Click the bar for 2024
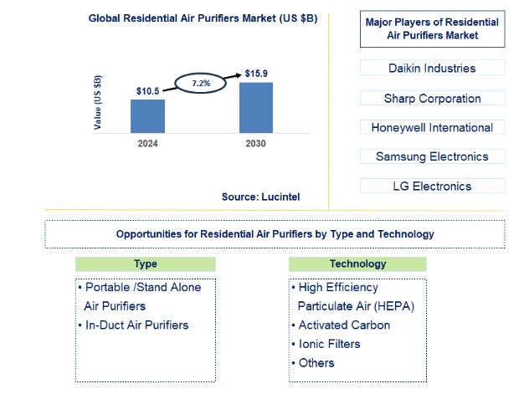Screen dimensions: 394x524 (x=147, y=115)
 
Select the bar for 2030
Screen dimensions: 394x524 (x=256, y=107)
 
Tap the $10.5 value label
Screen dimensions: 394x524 (x=148, y=90)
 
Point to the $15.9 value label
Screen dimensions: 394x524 (x=257, y=74)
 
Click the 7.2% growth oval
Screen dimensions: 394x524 (x=201, y=84)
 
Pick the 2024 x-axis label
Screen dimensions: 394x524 (x=147, y=144)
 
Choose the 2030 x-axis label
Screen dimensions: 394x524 (x=256, y=144)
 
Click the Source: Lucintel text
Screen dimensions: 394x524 (x=260, y=197)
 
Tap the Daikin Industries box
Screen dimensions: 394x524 (x=432, y=68)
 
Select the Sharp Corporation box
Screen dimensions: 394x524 (x=432, y=98)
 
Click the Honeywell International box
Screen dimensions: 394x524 (x=432, y=127)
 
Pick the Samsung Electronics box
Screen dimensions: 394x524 (x=432, y=156)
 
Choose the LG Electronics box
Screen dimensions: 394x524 (x=432, y=187)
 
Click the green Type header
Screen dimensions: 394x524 (x=146, y=264)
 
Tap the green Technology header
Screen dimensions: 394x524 (x=357, y=264)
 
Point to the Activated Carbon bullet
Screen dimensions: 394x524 (x=344, y=325)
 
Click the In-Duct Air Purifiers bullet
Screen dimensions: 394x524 (x=136, y=325)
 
